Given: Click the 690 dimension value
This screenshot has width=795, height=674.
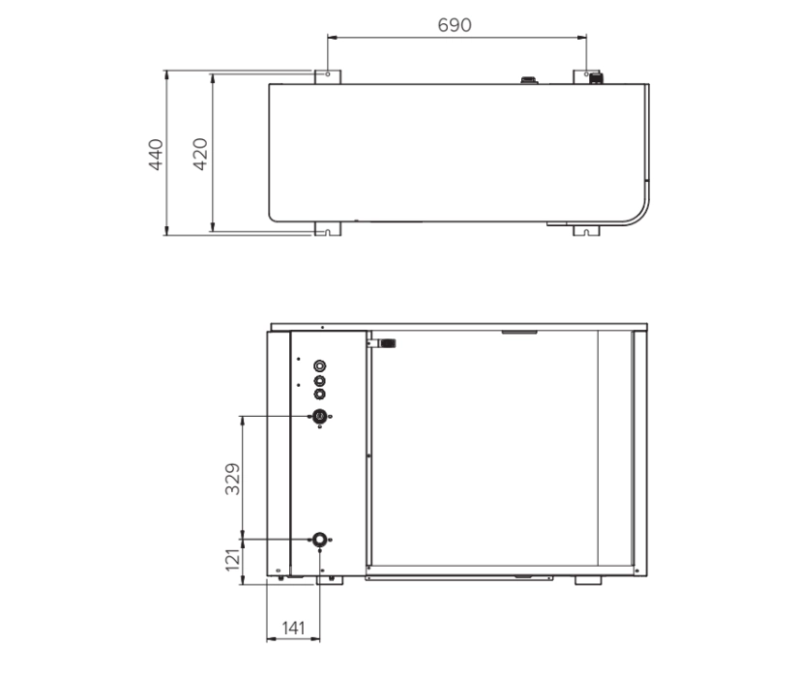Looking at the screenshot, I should pos(455,24).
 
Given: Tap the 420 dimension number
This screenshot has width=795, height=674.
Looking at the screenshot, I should pos(200,154).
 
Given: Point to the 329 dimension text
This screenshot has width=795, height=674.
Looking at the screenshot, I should pos(233,477).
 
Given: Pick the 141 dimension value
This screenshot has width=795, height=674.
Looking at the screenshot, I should pos(292,628).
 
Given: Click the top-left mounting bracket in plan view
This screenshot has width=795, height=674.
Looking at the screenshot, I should pos(326,75).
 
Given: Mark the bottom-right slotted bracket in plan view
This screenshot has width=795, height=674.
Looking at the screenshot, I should pos(586,230).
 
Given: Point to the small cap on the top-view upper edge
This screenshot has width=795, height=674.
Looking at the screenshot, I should pos(529,79).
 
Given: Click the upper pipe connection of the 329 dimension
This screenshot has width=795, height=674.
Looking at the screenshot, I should pos(319,416).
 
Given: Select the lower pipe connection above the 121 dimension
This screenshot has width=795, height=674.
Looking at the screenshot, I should pos(319,539).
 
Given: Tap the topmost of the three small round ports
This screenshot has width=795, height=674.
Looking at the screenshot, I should pos(320,366).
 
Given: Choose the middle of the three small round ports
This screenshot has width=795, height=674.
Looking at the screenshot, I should pos(320,380).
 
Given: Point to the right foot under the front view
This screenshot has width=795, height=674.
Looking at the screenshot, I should pos(587,580).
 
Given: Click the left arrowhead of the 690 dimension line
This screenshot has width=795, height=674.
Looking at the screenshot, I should pos(330,38).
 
